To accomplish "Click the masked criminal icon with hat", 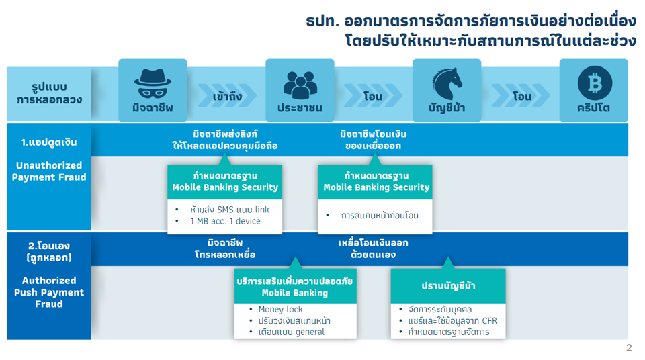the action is pyautogui.click(x=153, y=83).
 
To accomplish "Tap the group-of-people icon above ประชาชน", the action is pyautogui.click(x=300, y=85).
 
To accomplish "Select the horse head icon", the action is pyautogui.click(x=447, y=83).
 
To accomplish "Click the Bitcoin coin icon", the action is pyautogui.click(x=595, y=83).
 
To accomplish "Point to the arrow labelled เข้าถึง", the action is pyautogui.click(x=227, y=96).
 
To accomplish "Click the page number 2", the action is pyautogui.click(x=629, y=348).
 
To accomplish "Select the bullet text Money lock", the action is pyautogui.click(x=280, y=309).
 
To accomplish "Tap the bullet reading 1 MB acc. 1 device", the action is pyautogui.click(x=225, y=221).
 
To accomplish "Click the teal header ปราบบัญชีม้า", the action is pyautogui.click(x=448, y=286).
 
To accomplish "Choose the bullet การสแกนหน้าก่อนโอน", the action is pyautogui.click(x=380, y=215).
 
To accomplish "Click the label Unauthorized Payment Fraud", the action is pyautogui.click(x=49, y=171).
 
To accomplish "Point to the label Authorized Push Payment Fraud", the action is pyautogui.click(x=49, y=292).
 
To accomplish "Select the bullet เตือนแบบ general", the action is pyautogui.click(x=291, y=332).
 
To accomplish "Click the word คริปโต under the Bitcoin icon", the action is pyautogui.click(x=593, y=108).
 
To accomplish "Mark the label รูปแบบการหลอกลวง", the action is pyautogui.click(x=49, y=93).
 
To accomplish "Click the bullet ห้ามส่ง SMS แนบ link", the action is pyautogui.click(x=230, y=210).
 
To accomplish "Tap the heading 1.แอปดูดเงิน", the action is pyautogui.click(x=49, y=142).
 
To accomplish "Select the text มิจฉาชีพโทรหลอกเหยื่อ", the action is pyautogui.click(x=225, y=249).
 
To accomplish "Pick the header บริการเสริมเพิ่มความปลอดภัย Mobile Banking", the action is pyautogui.click(x=295, y=287).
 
